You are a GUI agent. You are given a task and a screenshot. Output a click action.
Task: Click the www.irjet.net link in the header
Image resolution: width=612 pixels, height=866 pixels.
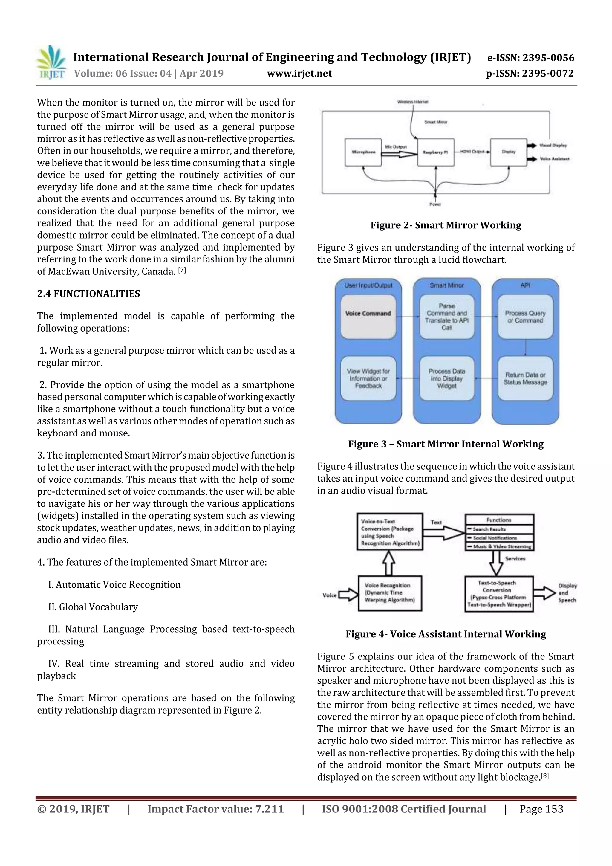coord(299,73)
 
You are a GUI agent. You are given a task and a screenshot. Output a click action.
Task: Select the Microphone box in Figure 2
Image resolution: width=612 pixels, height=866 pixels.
coord(363,152)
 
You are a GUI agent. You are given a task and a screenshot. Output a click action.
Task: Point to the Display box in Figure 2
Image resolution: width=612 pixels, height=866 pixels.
coord(508,152)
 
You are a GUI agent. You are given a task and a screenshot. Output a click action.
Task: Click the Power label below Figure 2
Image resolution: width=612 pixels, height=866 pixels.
coord(435,204)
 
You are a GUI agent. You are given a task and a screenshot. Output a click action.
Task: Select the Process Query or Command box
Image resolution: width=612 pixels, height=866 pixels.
coord(525,317)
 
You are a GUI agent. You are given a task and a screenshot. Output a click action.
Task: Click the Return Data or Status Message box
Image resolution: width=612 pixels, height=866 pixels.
coord(525,378)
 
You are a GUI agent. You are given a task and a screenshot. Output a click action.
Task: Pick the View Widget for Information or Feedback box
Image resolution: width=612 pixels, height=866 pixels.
coord(368,378)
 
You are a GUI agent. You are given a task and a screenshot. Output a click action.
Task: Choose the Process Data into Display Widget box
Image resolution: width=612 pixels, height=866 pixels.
coord(447,378)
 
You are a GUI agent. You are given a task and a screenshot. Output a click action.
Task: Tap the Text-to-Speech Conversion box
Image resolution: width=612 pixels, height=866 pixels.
coord(499,594)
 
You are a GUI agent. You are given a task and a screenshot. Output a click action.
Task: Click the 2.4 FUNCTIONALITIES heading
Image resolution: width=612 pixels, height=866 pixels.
coord(88,294)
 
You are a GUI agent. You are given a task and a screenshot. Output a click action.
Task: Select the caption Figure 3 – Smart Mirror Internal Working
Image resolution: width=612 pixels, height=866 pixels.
coord(446,444)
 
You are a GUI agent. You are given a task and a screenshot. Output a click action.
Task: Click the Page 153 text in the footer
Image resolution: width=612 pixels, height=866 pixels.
coord(541,809)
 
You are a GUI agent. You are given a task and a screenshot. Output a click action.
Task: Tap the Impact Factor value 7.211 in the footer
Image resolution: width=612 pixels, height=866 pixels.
coord(215,809)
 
